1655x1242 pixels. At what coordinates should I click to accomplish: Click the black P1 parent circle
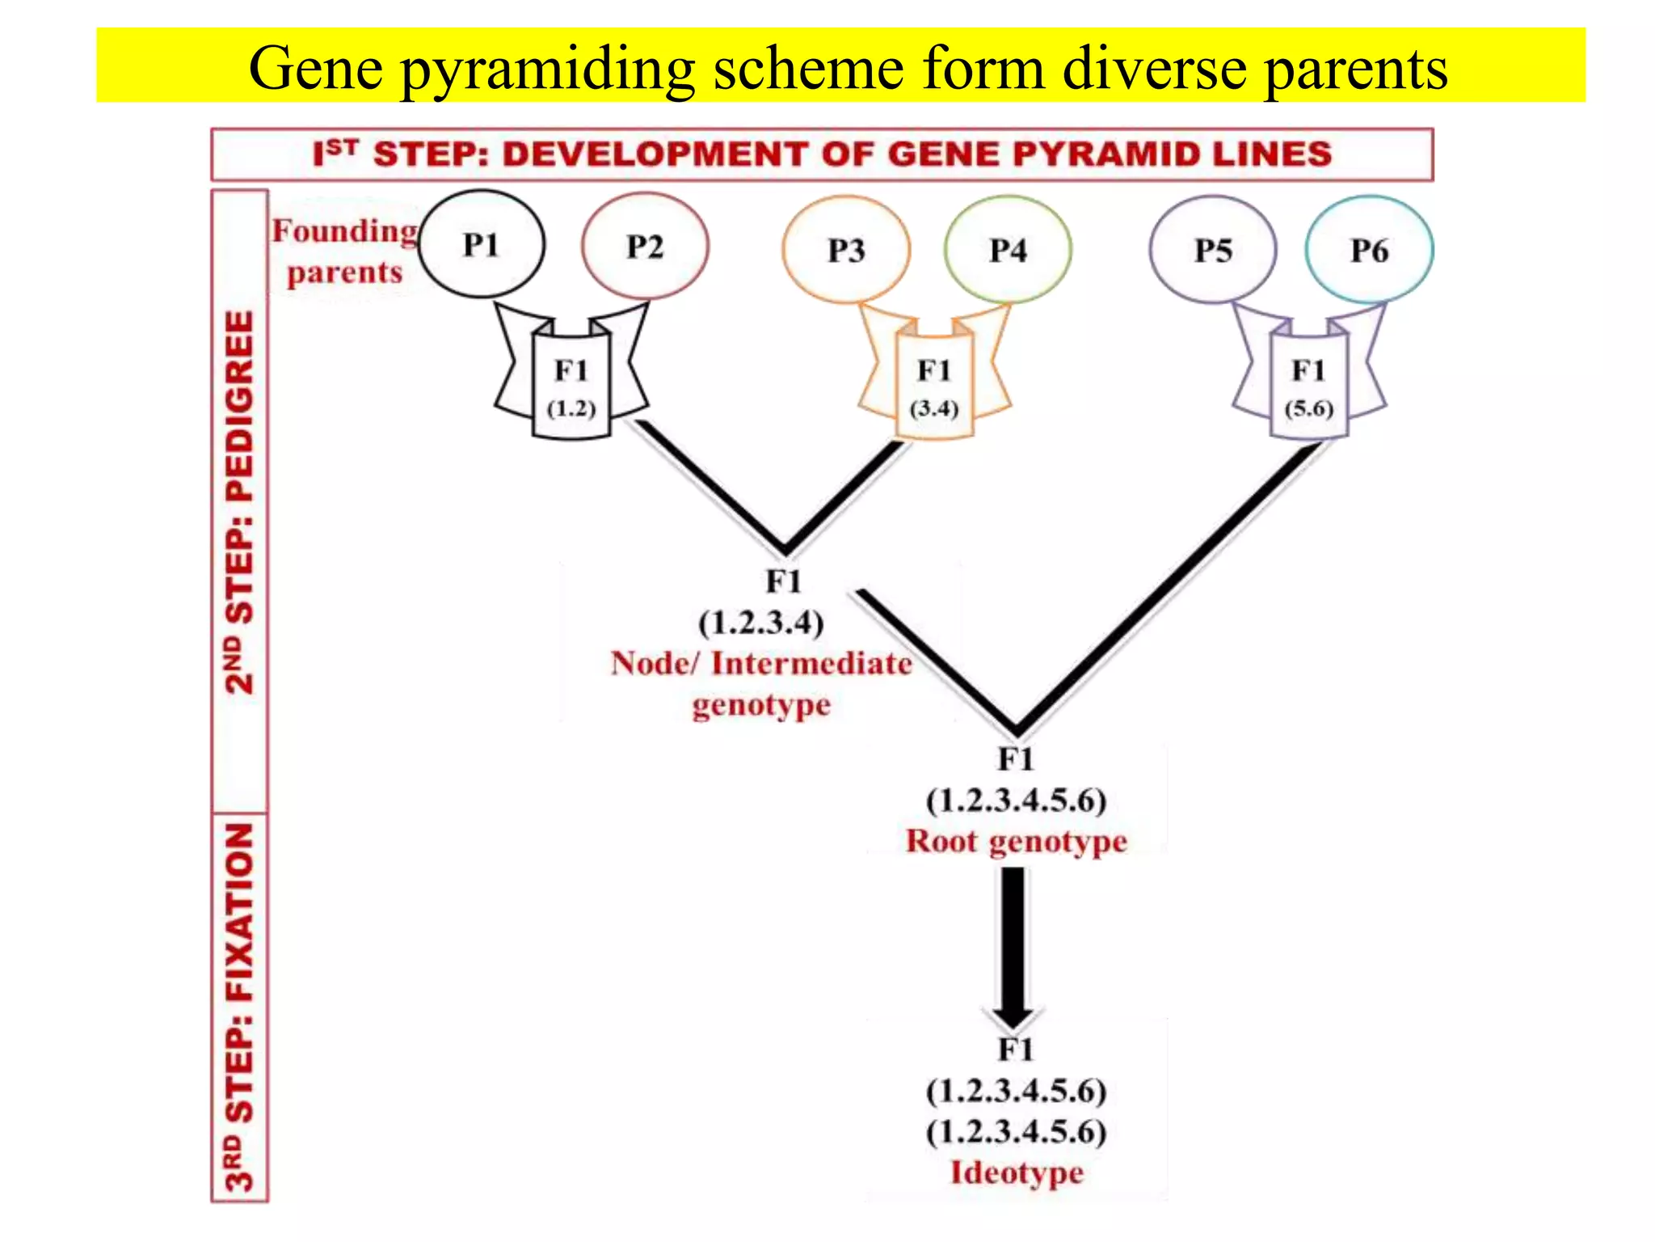482,244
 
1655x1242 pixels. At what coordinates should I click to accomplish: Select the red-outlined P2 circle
645,246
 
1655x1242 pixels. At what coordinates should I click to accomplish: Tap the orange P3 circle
846,250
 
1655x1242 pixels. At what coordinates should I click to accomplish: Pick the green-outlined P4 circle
1008,250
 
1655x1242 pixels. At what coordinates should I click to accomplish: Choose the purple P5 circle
1213,250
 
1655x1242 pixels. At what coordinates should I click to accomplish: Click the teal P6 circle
1369,250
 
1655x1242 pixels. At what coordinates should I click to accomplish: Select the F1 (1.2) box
571,388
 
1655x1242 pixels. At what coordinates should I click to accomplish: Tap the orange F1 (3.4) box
934,388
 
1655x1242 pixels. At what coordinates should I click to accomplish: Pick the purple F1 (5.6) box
1308,388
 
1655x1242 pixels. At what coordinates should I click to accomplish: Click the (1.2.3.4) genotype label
761,623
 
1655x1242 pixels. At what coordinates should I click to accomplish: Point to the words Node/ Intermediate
761,663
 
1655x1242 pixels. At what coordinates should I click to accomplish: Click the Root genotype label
1016,841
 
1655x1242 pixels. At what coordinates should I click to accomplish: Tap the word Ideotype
1016,1172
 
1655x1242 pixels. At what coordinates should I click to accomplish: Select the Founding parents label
344,251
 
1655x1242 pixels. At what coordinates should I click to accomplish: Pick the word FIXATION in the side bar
239,914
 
